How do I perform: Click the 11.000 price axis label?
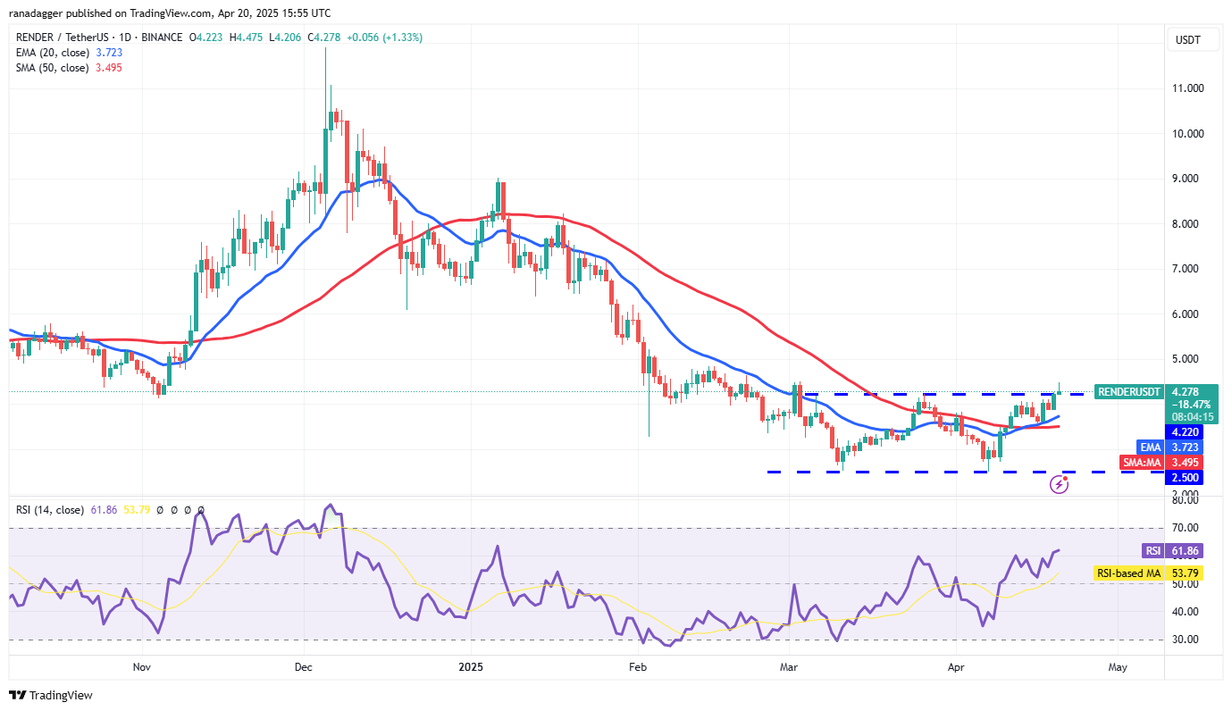coord(1188,88)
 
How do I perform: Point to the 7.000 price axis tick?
coord(1188,269)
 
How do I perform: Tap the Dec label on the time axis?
coord(302,666)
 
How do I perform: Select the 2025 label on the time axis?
coord(471,666)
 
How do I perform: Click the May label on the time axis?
coord(1117,666)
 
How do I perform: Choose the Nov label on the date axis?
coord(140,666)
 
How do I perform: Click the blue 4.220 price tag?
coord(1189,431)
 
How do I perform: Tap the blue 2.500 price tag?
coord(1189,478)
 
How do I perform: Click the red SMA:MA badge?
coord(1140,462)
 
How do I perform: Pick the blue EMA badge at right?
coord(1149,447)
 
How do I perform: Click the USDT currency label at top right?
coord(1188,40)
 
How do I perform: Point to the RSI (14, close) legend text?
coord(51,510)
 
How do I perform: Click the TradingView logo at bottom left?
coord(51,695)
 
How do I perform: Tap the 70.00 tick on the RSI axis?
coord(1185,528)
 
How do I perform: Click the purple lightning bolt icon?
coord(1060,484)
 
